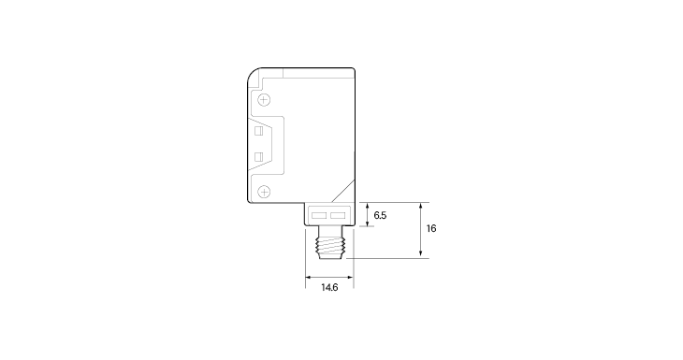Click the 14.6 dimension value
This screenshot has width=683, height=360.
[329, 288]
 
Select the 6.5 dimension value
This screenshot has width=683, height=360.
[380, 215]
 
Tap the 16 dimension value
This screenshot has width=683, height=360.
[431, 228]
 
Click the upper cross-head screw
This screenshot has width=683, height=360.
[264, 100]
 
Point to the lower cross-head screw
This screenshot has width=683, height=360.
[264, 192]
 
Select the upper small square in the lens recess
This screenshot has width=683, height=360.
[259, 131]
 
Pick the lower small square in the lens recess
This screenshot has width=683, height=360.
[259, 157]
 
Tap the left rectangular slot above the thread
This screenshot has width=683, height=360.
[319, 215]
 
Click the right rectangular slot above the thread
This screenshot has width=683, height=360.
[338, 215]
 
